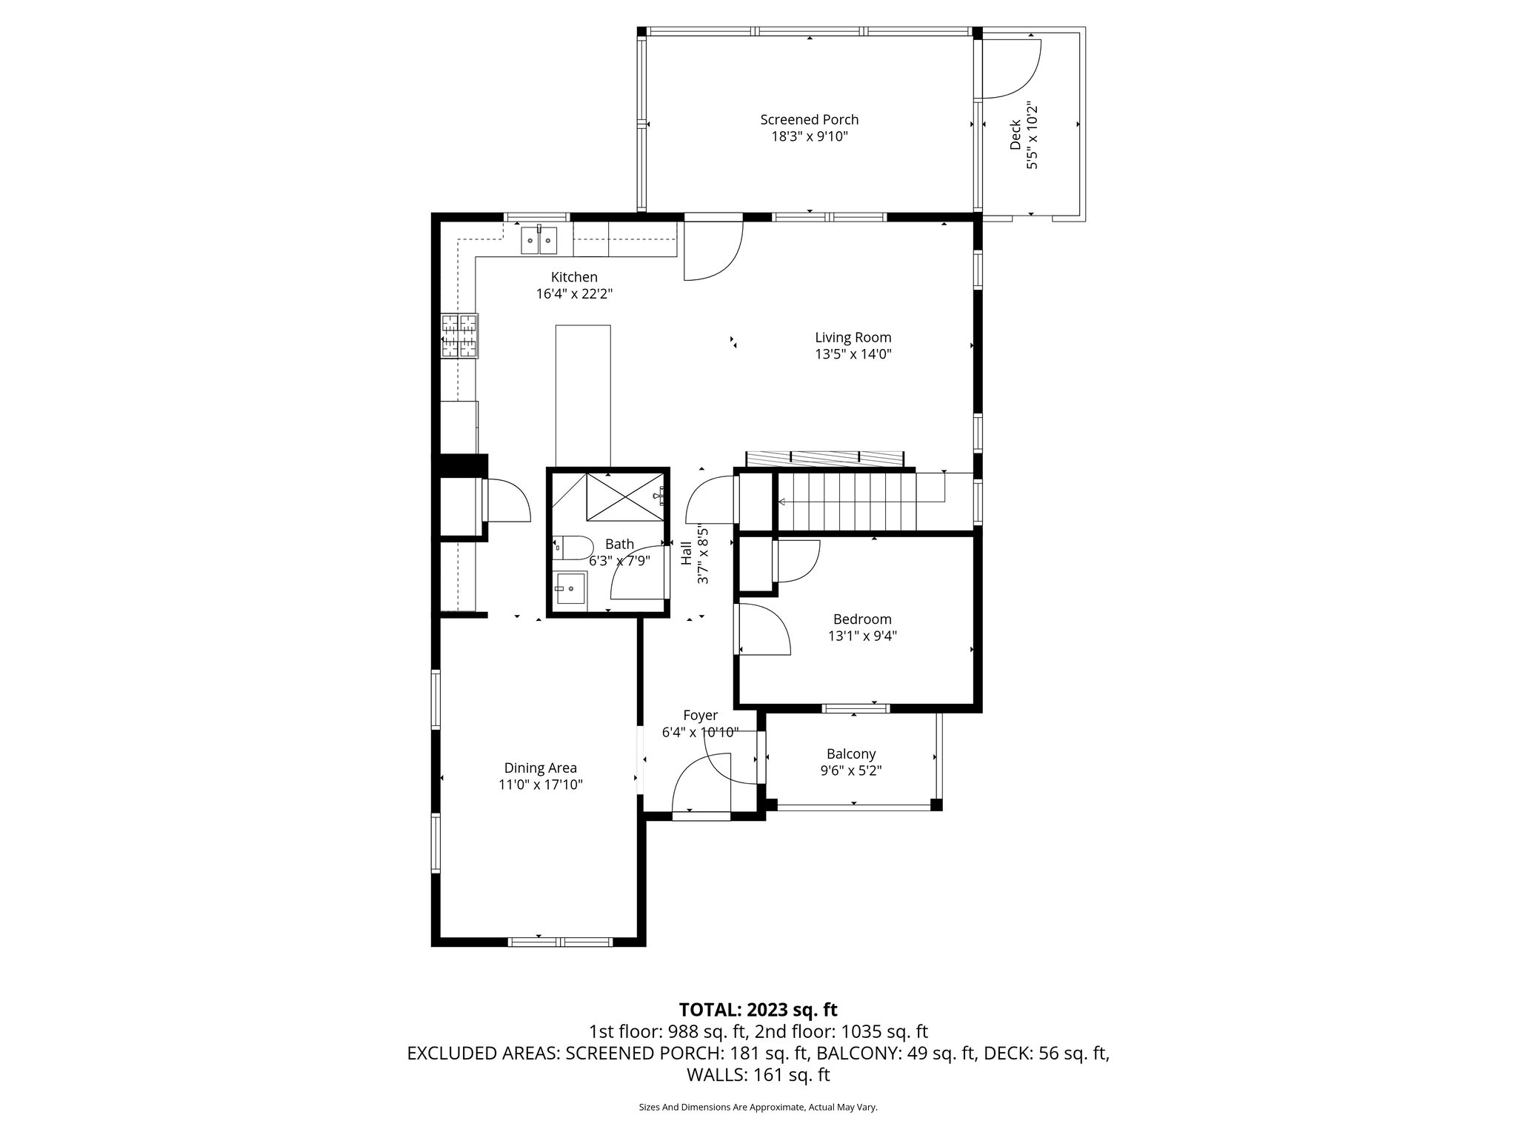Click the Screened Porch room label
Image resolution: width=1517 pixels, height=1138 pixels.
(809, 119)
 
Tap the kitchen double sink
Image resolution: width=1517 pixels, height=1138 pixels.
(539, 240)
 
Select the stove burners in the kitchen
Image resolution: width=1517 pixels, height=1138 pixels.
(459, 336)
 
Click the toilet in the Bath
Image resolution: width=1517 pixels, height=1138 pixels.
(572, 548)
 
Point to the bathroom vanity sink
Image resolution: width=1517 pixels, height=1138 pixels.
(571, 588)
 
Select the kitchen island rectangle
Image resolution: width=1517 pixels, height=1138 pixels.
(583, 396)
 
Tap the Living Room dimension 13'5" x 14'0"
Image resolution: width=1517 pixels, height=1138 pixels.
(853, 354)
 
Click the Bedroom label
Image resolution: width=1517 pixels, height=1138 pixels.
(861, 619)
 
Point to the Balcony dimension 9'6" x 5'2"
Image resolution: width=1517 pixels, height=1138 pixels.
(850, 771)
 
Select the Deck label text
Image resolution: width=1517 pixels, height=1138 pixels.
(1016, 136)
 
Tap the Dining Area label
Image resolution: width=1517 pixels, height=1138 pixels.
(540, 768)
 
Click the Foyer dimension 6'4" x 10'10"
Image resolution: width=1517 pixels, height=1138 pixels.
(699, 732)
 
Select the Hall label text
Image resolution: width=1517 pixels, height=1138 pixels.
(686, 553)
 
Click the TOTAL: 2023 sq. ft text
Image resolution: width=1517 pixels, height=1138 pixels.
(758, 1009)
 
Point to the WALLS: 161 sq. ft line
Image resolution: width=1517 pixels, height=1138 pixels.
(758, 1074)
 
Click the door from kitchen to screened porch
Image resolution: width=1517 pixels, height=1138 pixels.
(711, 252)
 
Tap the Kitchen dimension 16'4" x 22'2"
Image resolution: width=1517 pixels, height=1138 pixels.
(574, 293)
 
